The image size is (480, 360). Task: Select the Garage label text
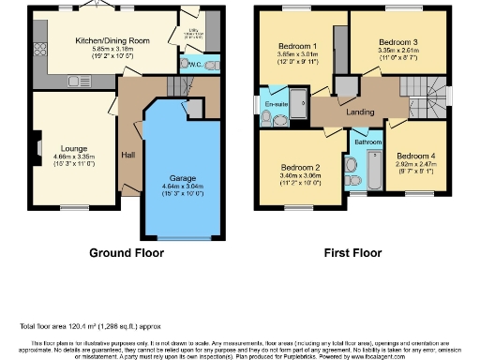(x=182, y=177)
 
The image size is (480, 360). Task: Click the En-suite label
(x=276, y=101)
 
